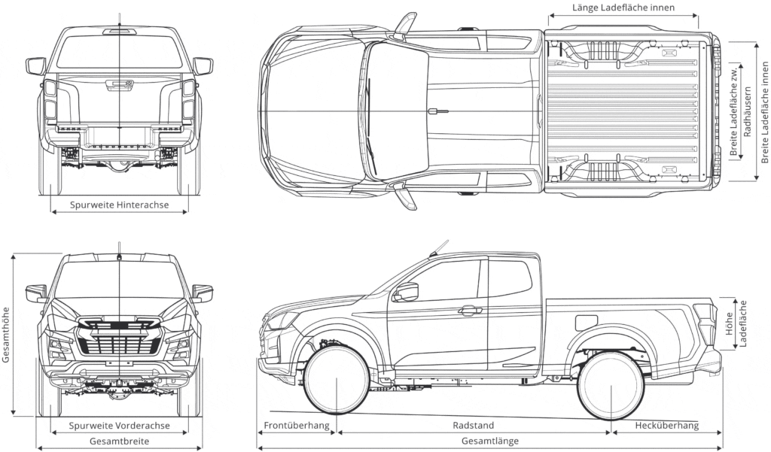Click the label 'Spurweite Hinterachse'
(x=119, y=204)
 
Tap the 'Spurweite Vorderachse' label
(x=119, y=426)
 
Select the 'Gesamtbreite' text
(x=119, y=441)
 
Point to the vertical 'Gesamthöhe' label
(x=7, y=334)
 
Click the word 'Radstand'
(x=474, y=426)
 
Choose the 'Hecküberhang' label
(x=666, y=426)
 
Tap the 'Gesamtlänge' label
(x=489, y=441)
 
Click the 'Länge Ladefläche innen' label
(x=622, y=8)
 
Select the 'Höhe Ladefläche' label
(x=736, y=323)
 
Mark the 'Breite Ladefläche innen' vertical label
(x=765, y=111)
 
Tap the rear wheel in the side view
(x=610, y=384)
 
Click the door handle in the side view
(x=470, y=310)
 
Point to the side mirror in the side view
(x=407, y=292)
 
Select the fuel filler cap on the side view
(x=586, y=323)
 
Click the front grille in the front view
(x=119, y=339)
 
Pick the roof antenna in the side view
(x=438, y=247)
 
